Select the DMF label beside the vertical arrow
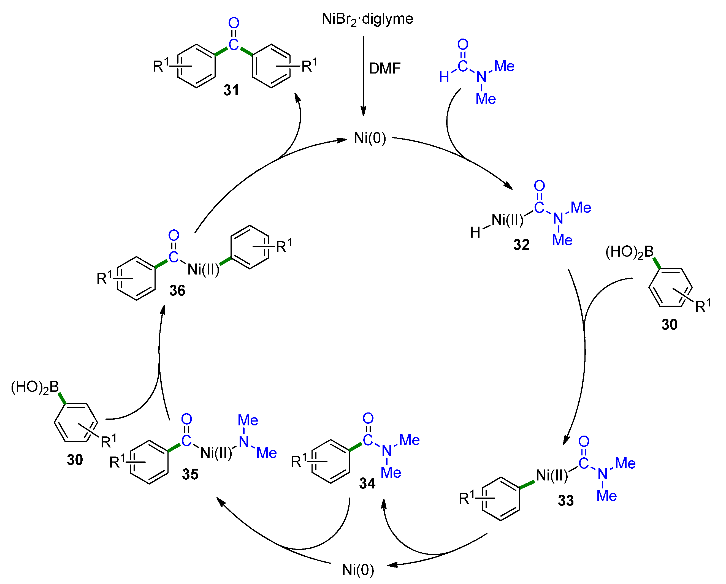coord(384,69)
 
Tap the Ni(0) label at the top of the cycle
coord(370,138)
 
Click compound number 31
coord(231,90)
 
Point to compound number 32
coord(521,245)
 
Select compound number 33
coord(566,501)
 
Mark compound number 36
coord(177,290)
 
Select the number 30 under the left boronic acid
coord(75,460)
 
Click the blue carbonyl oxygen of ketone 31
coord(234,23)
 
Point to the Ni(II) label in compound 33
coord(552,476)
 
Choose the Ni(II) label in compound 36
coord(203,270)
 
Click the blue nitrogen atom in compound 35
coord(244,442)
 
